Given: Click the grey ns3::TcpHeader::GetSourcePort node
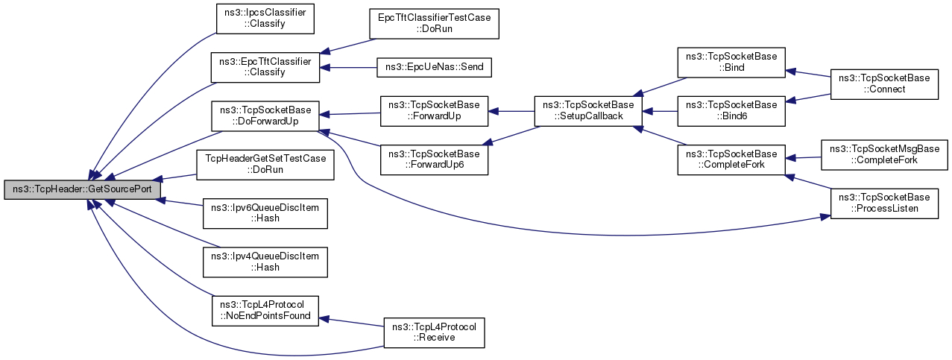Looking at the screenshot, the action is [83, 189].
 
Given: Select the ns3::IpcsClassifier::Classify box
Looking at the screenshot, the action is [265, 19].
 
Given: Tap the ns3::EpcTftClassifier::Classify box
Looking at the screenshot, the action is [265, 67].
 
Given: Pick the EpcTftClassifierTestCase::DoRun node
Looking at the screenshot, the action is [434, 24].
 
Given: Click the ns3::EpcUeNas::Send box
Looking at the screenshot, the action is [434, 68].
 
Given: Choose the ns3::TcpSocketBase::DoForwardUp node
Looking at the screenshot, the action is [265, 116].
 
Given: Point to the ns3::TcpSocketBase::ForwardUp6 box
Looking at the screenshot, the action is [434, 160].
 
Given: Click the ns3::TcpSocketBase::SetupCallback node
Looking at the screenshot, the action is [588, 111].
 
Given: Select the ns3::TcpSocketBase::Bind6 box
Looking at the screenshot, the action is [731, 111].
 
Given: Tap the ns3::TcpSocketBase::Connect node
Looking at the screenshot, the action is [884, 84].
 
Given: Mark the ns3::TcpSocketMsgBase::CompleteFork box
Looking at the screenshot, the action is [884, 155].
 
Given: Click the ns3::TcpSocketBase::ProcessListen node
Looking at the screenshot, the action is [884, 203].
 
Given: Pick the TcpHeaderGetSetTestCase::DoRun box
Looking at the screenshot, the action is [265, 165].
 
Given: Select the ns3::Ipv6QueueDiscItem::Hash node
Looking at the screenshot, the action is [265, 213].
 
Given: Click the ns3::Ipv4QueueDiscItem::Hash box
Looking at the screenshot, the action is [265, 262].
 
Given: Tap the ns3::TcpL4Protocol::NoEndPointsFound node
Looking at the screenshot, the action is [265, 311].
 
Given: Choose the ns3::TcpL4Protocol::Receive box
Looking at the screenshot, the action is [434, 333].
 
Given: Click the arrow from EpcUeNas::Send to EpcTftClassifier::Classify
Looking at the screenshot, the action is [348, 68].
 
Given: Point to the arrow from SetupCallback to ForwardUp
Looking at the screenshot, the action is [511, 111].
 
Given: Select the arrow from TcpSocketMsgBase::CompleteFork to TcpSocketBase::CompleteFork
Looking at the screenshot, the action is [803, 158].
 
